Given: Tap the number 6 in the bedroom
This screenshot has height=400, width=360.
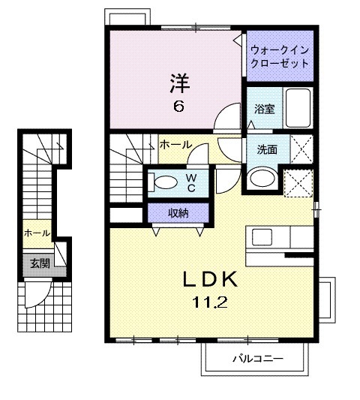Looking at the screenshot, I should pos(178,107).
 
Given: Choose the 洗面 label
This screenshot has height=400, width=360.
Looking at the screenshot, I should pos(267,149).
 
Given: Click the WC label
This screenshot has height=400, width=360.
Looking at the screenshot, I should pos(191,183).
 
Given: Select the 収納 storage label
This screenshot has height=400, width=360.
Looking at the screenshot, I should pos(178,213).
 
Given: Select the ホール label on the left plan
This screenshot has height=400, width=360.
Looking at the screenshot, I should pos(37,233).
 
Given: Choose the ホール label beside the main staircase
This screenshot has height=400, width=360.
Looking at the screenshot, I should pos(175,144).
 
